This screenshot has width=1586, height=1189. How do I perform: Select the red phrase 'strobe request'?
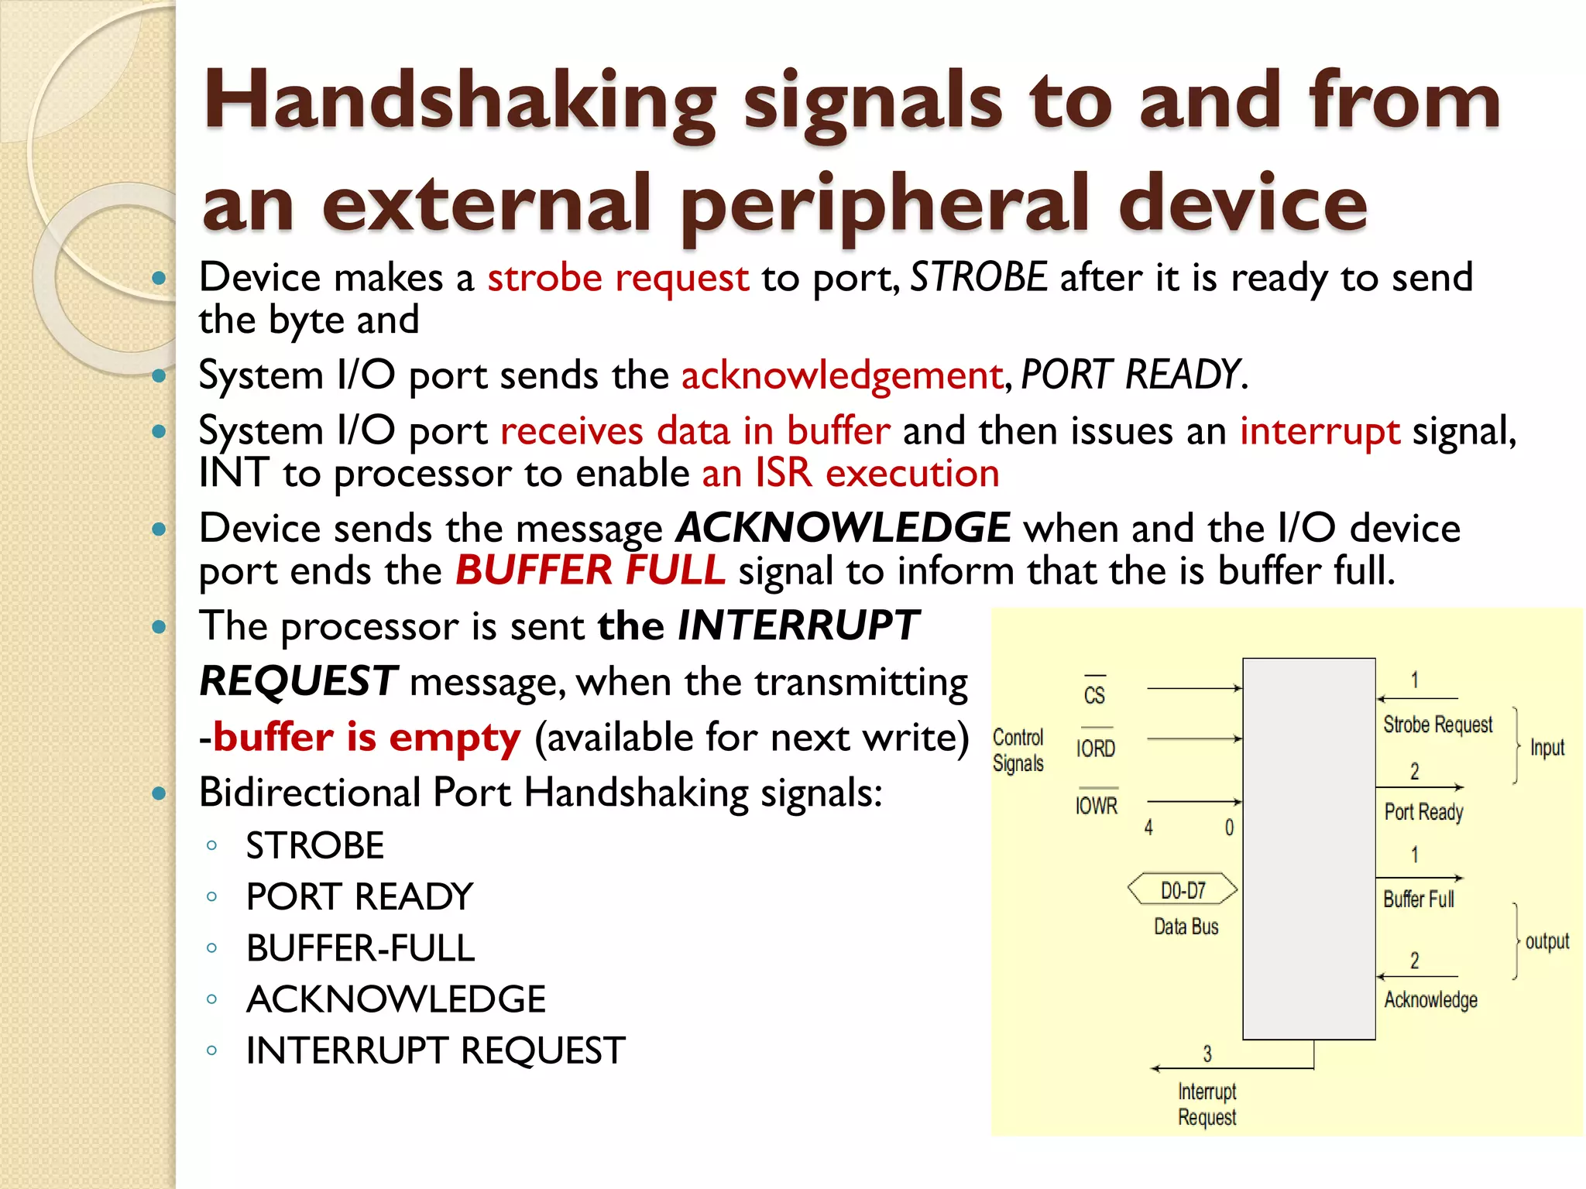(x=618, y=278)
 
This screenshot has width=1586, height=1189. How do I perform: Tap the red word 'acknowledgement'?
(x=842, y=375)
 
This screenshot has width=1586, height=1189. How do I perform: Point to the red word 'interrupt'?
(x=1320, y=431)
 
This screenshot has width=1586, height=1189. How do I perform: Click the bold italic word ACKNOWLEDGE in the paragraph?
(x=843, y=528)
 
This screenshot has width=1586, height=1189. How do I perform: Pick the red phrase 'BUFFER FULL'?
(x=590, y=571)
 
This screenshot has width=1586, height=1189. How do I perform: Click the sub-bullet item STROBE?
(x=314, y=845)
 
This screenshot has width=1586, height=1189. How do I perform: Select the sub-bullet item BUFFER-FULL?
(x=360, y=948)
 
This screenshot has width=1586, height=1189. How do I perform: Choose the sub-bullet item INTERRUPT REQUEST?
(x=435, y=1050)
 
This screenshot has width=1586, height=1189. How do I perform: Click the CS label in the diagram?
(x=1094, y=694)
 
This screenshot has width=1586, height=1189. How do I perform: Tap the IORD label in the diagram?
(x=1096, y=749)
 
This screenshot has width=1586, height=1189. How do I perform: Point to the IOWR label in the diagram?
(x=1096, y=806)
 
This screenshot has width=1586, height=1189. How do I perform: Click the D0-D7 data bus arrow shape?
(x=1183, y=890)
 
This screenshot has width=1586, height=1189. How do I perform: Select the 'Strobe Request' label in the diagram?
(x=1437, y=725)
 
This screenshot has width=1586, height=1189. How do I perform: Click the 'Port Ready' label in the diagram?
(x=1423, y=812)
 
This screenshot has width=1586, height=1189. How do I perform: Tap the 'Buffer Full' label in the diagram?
(x=1419, y=899)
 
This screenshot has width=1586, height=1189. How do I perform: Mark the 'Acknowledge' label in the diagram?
(x=1430, y=999)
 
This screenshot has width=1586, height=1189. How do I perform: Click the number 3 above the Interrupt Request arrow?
(x=1207, y=1054)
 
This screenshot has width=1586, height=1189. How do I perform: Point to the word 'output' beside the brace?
(x=1547, y=941)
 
